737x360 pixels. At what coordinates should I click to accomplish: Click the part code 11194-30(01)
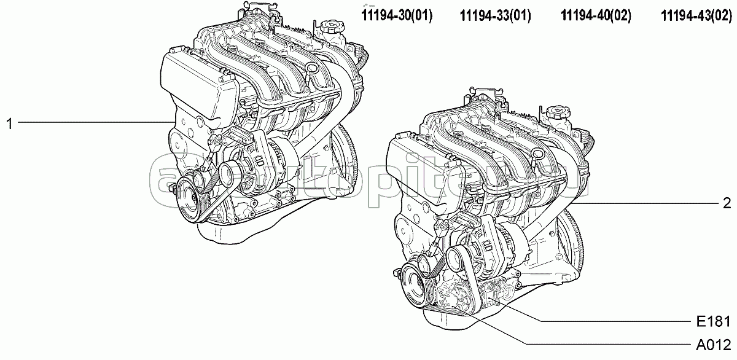click(397, 15)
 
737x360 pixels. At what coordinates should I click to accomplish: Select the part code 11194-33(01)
click(495, 15)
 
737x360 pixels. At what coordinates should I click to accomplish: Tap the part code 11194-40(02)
click(596, 15)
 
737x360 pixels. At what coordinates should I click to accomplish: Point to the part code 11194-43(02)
click(696, 15)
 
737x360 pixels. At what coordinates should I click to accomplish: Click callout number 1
click(10, 124)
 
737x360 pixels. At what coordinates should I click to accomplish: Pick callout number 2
click(727, 203)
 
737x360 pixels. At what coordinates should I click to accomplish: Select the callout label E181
click(713, 321)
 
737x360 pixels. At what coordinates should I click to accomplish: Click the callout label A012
click(713, 345)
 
